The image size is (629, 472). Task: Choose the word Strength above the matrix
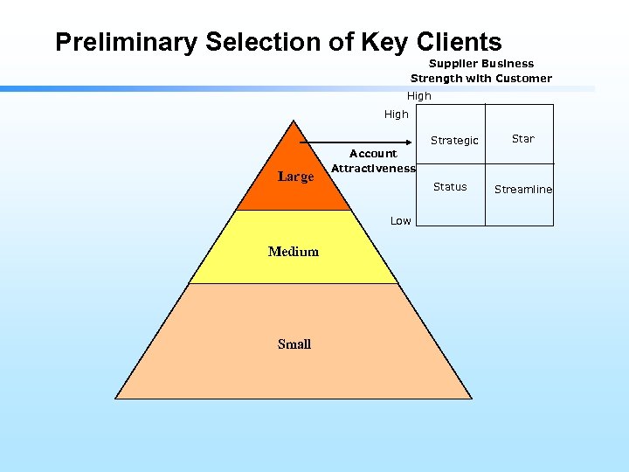coord(440,79)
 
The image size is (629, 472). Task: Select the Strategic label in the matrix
coord(454,141)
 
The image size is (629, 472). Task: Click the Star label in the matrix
coord(522,139)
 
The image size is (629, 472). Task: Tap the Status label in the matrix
coord(450,187)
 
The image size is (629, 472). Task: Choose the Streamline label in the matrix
coord(523,190)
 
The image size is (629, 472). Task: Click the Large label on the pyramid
coord(295,177)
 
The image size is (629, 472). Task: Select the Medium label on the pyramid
coord(294,252)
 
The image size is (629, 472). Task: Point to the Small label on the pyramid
coord(294,344)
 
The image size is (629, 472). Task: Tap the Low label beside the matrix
coord(401,221)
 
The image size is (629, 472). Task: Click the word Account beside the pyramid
coord(373,154)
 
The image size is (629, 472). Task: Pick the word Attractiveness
coord(374,169)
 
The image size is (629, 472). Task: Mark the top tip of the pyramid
coord(294,120)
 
